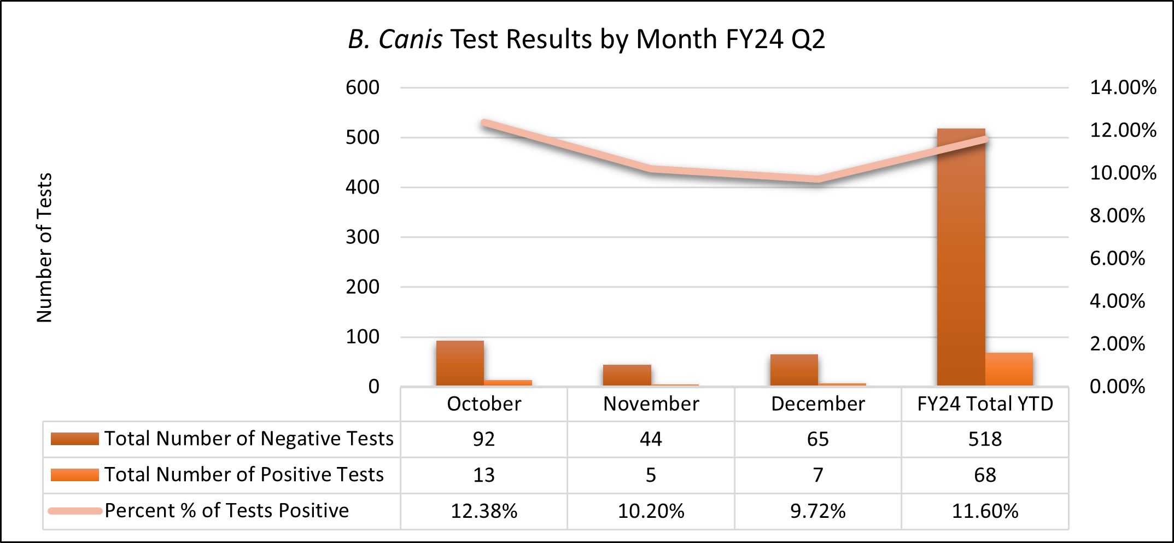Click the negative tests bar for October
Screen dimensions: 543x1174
(460, 363)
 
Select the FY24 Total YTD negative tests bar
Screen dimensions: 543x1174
(961, 257)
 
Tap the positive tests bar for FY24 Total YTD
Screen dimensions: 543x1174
(1009, 369)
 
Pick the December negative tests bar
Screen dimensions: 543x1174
(794, 370)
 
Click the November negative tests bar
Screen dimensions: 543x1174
(627, 375)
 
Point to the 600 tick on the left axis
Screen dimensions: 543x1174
(362, 87)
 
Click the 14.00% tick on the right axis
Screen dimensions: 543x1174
(1123, 87)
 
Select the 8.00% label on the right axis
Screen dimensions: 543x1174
(1117, 215)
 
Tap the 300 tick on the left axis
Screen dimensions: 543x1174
(362, 237)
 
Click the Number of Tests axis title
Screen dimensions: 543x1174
(44, 247)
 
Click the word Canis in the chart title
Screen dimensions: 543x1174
(410, 39)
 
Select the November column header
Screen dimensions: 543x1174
(651, 404)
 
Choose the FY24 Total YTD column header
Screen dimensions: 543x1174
(985, 404)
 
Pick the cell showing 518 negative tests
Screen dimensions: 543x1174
(985, 439)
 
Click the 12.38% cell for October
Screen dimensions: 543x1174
(484, 511)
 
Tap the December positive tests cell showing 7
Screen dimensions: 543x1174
(817, 475)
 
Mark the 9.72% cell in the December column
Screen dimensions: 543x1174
(817, 511)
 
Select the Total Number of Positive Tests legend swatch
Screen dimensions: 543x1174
(75, 475)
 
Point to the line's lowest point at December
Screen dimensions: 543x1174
(817, 179)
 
